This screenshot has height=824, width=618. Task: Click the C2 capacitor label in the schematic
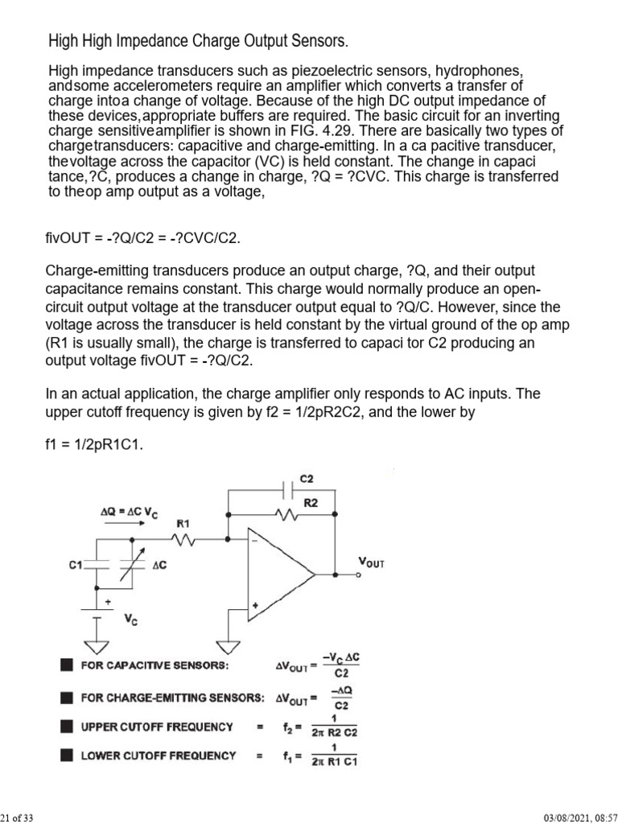307,479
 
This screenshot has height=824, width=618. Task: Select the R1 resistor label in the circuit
184,523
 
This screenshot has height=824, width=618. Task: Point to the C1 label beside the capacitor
76,566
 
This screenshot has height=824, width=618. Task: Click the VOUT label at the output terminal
370,563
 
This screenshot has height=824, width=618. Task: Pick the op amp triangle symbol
278,575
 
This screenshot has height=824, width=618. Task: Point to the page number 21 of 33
16,818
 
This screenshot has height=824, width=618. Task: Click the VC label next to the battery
130,620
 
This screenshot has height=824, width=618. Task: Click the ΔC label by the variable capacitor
159,565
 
